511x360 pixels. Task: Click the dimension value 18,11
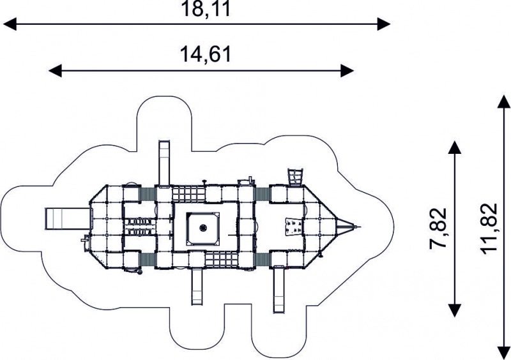pyautogui.click(x=206, y=9)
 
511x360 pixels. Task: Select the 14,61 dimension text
pyautogui.click(x=206, y=54)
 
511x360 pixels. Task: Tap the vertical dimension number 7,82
pyautogui.click(x=438, y=229)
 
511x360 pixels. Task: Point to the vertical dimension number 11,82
pyautogui.click(x=489, y=229)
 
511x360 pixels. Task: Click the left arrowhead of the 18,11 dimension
pyautogui.click(x=10, y=24)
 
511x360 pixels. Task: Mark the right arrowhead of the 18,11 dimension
pyautogui.click(x=384, y=24)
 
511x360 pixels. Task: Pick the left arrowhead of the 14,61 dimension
pyautogui.click(x=55, y=71)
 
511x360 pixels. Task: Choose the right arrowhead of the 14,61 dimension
pyautogui.click(x=347, y=71)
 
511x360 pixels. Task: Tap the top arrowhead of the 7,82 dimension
pyautogui.click(x=455, y=147)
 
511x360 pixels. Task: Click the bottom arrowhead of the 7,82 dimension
pyautogui.click(x=455, y=310)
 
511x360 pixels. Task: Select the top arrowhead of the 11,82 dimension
pyautogui.click(x=503, y=102)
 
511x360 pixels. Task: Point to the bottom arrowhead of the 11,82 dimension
pyautogui.click(x=503, y=352)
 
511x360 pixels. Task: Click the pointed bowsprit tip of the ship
pyautogui.click(x=360, y=227)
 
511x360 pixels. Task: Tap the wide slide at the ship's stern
pyautogui.click(x=67, y=219)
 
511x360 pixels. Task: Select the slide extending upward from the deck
pyautogui.click(x=164, y=163)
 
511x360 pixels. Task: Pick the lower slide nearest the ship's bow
pyautogui.click(x=278, y=290)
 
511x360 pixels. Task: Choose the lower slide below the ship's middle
pyautogui.click(x=197, y=287)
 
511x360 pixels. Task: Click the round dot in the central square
pyautogui.click(x=203, y=227)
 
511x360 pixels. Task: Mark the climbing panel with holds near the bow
pyautogui.click(x=293, y=227)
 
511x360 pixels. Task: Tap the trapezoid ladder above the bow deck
pyautogui.click(x=295, y=177)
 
